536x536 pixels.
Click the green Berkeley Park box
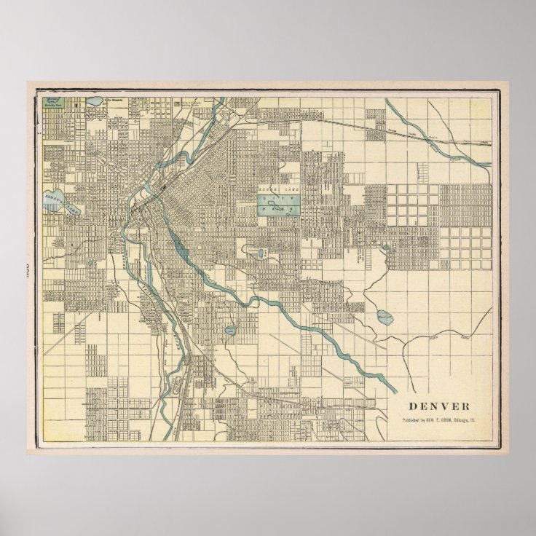(x=52, y=103)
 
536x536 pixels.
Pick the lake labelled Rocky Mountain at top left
(x=94, y=103)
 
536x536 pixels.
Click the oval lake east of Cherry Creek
(x=385, y=317)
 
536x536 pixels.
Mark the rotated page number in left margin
(x=26, y=268)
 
